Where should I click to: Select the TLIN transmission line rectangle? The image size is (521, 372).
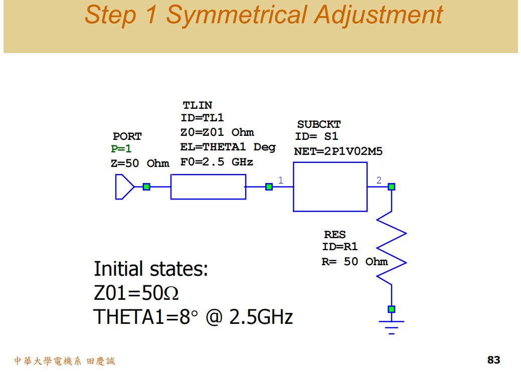point(208,187)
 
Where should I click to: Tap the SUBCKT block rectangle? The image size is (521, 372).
point(330,190)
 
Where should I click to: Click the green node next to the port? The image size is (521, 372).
point(146,187)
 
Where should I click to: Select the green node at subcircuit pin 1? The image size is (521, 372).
point(269,187)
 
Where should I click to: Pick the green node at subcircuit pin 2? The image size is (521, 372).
point(392,187)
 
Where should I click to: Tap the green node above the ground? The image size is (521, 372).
point(392,309)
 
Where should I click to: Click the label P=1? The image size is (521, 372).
point(121,149)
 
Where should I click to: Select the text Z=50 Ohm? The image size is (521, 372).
point(140,163)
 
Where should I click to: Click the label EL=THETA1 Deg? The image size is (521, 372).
point(228,147)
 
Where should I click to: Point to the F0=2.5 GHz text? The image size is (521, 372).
point(217,162)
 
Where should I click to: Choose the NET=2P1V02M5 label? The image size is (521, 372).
point(338,151)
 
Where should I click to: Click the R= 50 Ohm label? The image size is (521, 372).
point(355,261)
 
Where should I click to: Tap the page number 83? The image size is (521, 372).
point(493,359)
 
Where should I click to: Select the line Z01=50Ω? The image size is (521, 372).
point(136,293)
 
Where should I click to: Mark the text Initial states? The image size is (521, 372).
point(150,269)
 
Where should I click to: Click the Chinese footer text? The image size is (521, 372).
point(64,361)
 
